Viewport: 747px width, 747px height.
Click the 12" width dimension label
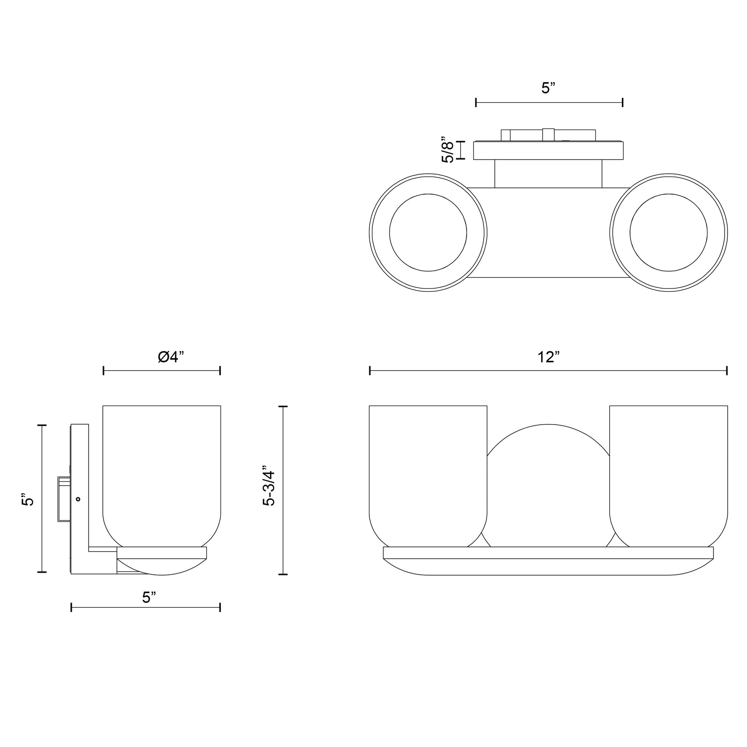548,357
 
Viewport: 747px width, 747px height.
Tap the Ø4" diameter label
171,357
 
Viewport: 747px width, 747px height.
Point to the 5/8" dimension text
448,150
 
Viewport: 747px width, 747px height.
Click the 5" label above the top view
548,88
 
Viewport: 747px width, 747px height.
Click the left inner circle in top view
428,232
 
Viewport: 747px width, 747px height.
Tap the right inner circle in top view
669,232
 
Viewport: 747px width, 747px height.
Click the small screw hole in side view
78,499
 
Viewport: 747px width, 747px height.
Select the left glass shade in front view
428,476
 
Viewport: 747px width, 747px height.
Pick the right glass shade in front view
669,476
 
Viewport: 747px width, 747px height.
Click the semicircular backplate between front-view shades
548,485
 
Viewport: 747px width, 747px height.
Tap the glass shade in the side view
162,476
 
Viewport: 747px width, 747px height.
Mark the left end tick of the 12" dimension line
370,371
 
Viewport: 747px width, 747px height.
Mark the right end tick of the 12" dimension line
727,371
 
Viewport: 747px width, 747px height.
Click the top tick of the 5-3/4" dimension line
283,407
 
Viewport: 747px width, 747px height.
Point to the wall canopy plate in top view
548,150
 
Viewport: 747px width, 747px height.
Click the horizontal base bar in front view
548,552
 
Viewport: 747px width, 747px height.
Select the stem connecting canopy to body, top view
548,174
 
